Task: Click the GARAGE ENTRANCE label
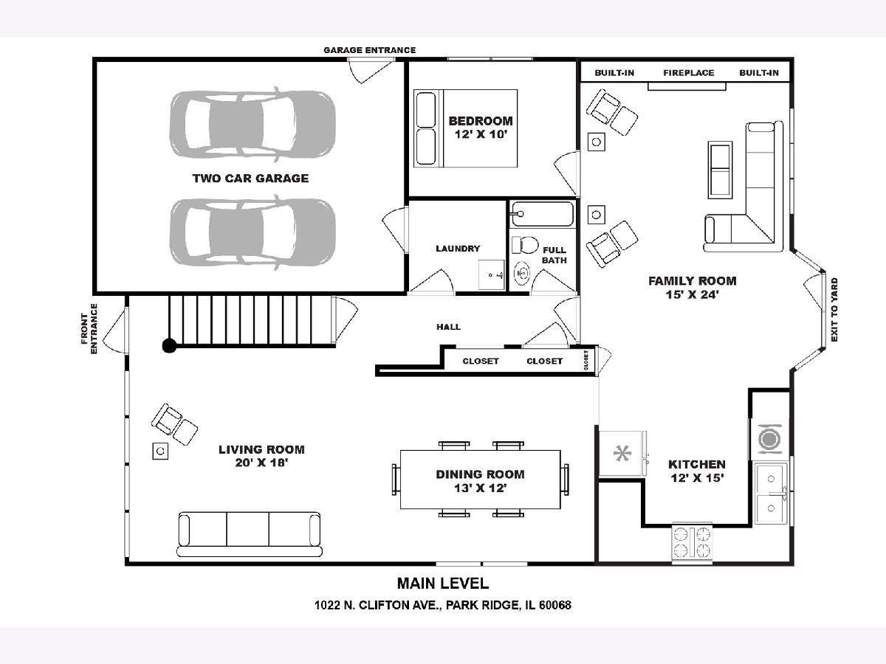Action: click(369, 50)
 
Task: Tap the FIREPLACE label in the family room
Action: click(689, 73)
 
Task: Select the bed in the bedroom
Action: click(465, 128)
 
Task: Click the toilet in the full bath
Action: click(525, 245)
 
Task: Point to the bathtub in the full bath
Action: click(543, 214)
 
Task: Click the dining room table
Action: click(481, 480)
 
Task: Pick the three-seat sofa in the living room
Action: click(249, 534)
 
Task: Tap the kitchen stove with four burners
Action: click(692, 542)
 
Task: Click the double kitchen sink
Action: click(771, 493)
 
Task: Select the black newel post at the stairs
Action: click(170, 345)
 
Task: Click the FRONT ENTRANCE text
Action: click(89, 329)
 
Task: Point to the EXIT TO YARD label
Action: click(834, 310)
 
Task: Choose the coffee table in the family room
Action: click(720, 170)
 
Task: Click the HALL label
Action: click(448, 327)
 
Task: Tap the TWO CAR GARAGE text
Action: click(250, 179)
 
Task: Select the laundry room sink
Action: click(491, 275)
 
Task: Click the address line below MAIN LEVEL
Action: click(443, 605)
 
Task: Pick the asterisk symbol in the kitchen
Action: click(622, 454)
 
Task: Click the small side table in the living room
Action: click(160, 451)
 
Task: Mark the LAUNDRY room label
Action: click(458, 249)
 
